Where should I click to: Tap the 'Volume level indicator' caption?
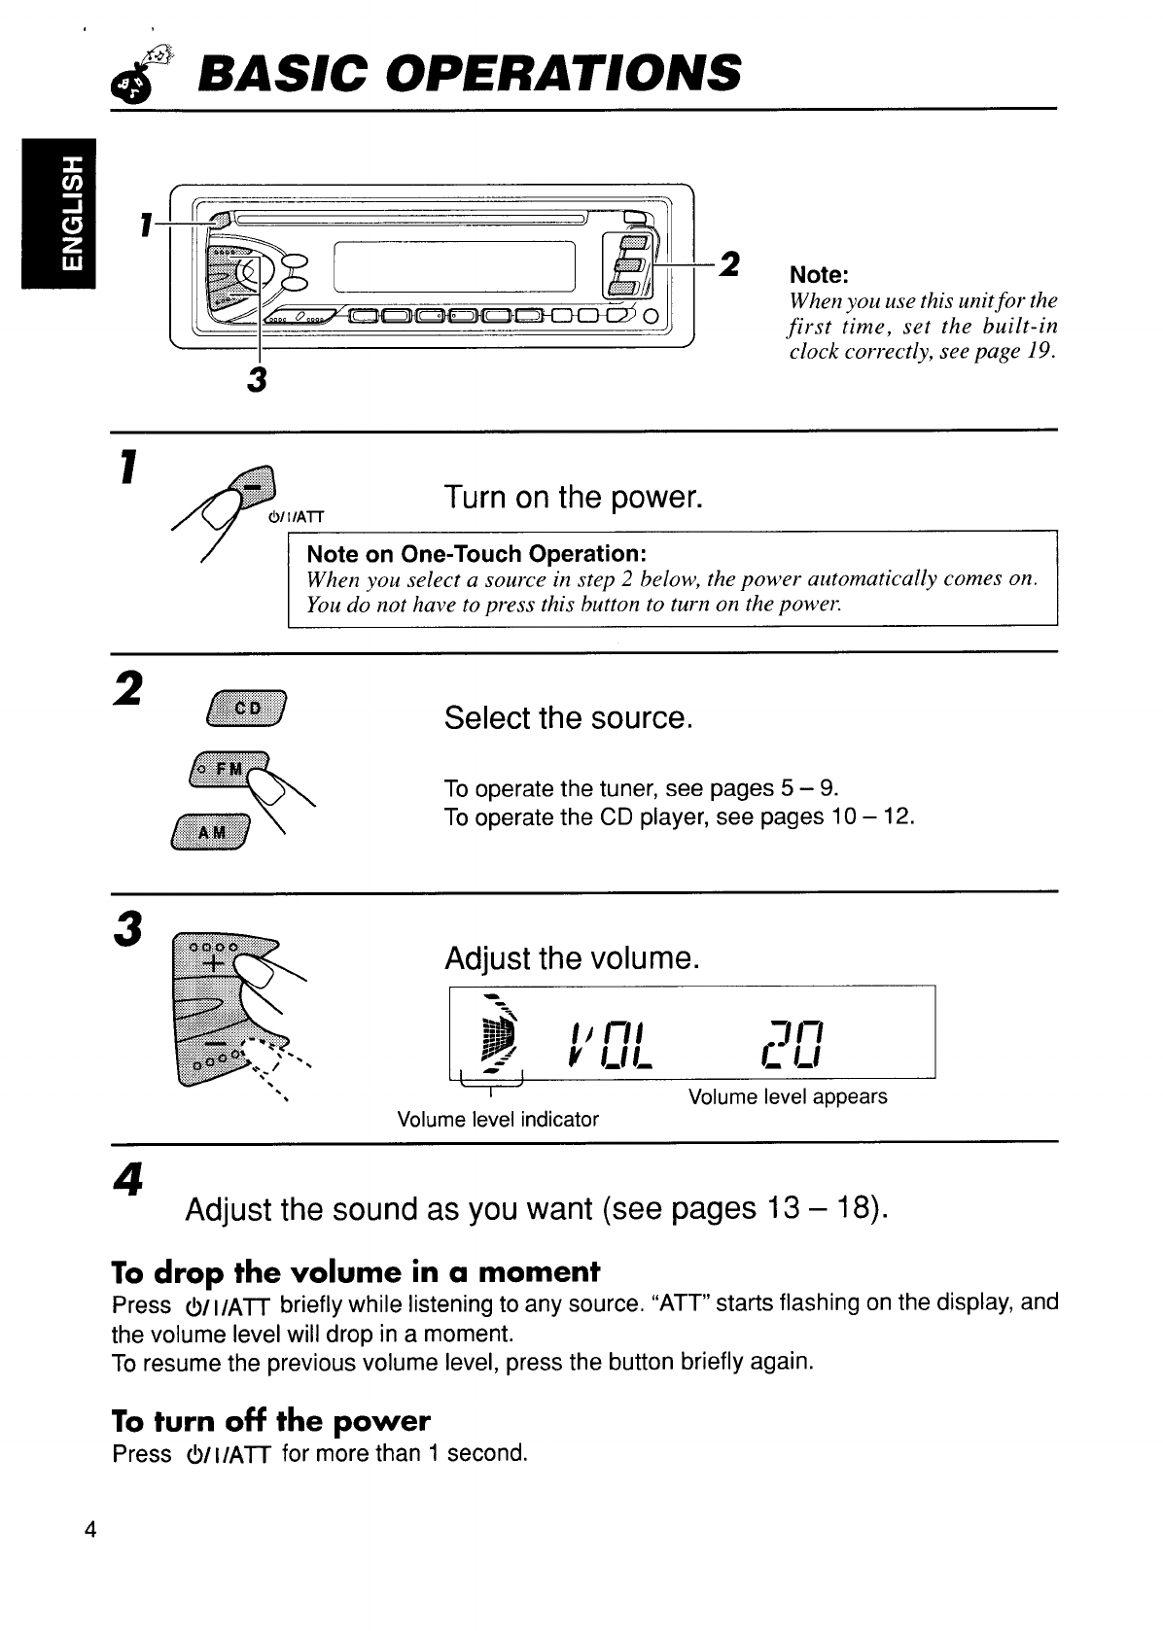(498, 1119)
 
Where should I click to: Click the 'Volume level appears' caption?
(788, 1096)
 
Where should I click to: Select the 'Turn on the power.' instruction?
(573, 497)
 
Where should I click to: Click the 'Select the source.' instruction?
(568, 718)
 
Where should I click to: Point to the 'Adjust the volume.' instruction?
(572, 958)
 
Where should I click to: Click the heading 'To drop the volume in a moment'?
(356, 1272)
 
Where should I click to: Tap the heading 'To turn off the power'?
(270, 1421)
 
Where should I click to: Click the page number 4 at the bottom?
(90, 1532)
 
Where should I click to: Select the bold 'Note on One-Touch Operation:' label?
(476, 554)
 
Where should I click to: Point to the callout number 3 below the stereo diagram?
(257, 379)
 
